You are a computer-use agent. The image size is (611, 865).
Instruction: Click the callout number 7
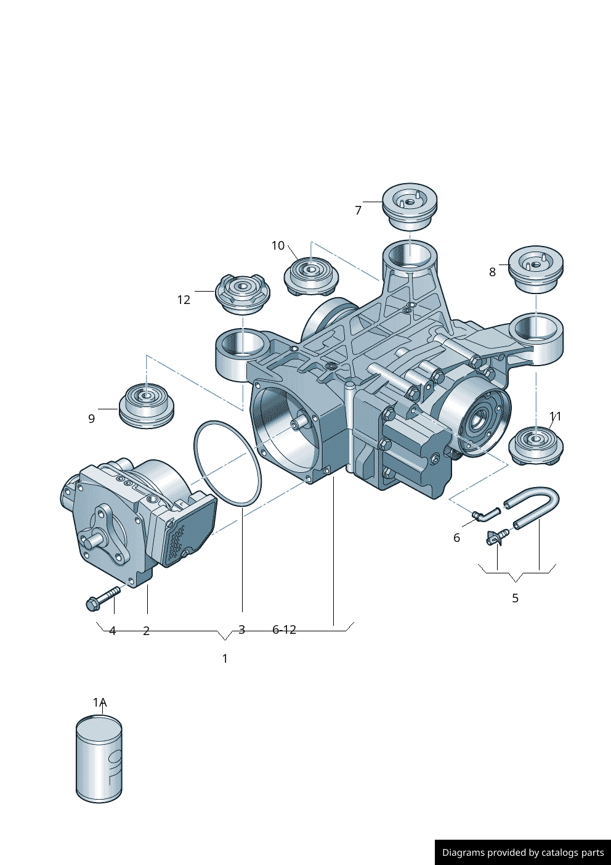point(358,210)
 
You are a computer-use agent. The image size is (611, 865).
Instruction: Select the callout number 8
point(492,272)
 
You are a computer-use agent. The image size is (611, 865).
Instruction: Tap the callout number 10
point(278,245)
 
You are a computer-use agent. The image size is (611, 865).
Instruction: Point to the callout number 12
point(184,300)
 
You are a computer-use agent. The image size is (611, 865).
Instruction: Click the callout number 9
point(92,419)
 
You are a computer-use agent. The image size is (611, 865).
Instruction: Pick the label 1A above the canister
point(100,702)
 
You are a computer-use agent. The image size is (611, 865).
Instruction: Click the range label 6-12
point(285,629)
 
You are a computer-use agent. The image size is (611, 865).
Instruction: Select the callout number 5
point(516,598)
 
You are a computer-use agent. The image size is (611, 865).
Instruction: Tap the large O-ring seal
point(227,464)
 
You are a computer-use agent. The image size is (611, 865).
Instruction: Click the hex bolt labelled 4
point(102,597)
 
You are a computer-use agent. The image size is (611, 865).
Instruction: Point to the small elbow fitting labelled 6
point(486,514)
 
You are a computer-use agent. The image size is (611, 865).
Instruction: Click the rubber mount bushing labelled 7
point(410,206)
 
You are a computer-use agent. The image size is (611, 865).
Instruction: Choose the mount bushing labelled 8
point(535,269)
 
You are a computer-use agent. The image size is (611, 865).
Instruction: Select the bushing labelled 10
point(312,276)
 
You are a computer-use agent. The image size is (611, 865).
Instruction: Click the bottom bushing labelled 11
point(536,445)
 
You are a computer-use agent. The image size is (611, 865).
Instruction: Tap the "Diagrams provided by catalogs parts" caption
point(522,852)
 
